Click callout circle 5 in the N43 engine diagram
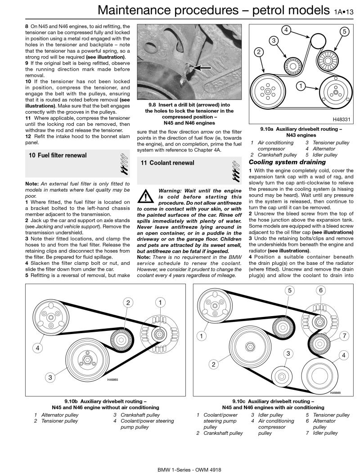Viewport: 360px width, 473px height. [344, 32]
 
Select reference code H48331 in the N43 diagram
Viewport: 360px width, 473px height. [342, 120]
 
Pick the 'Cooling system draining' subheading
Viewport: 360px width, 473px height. [281, 162]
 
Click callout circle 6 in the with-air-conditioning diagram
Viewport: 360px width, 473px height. [320, 290]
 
